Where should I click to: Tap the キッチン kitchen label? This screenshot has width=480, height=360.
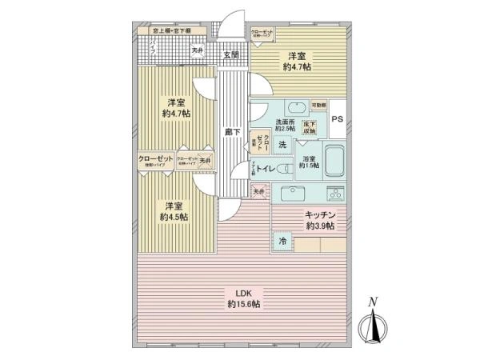[318, 221]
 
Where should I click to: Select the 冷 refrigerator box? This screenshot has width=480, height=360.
[282, 240]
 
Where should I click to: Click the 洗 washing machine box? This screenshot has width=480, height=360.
[282, 145]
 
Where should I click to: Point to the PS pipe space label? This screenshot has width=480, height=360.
[337, 121]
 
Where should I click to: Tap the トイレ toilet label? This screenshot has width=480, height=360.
[266, 168]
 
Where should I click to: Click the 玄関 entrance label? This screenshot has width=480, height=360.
[231, 54]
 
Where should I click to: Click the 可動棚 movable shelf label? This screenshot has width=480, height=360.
[318, 105]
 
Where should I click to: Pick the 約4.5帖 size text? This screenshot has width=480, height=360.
[173, 217]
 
